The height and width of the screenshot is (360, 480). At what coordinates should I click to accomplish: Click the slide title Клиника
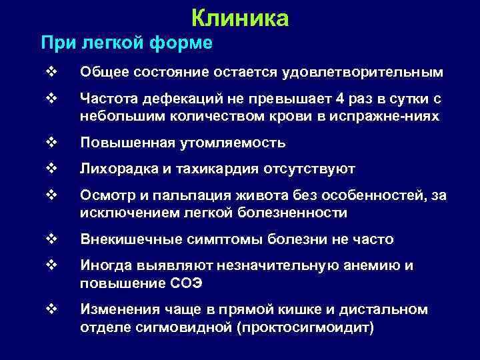tap(239, 18)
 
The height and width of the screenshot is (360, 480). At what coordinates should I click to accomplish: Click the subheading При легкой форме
tap(127, 44)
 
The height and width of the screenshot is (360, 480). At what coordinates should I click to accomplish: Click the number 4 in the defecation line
tap(340, 99)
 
